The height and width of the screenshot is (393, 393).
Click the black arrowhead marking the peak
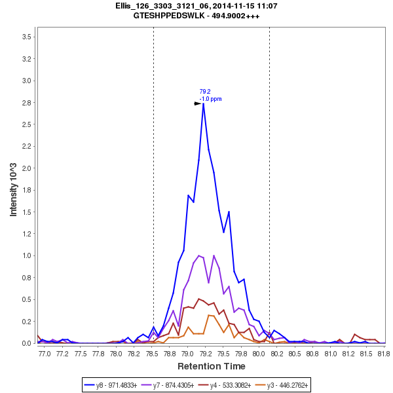pyautogui.click(x=198, y=103)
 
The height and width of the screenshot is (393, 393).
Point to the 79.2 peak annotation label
pyautogui.click(x=205, y=92)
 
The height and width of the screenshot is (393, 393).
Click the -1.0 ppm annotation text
pyautogui.click(x=210, y=99)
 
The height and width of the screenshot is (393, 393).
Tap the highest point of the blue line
pyautogui.click(x=204, y=103)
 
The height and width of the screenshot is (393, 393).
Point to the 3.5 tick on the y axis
pyautogui.click(x=28, y=37)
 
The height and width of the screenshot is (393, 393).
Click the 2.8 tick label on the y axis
pyautogui.click(x=28, y=103)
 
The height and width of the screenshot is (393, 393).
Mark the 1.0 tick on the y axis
pyautogui.click(x=28, y=255)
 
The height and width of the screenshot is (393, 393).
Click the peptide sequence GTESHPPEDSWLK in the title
pyautogui.click(x=172, y=16)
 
